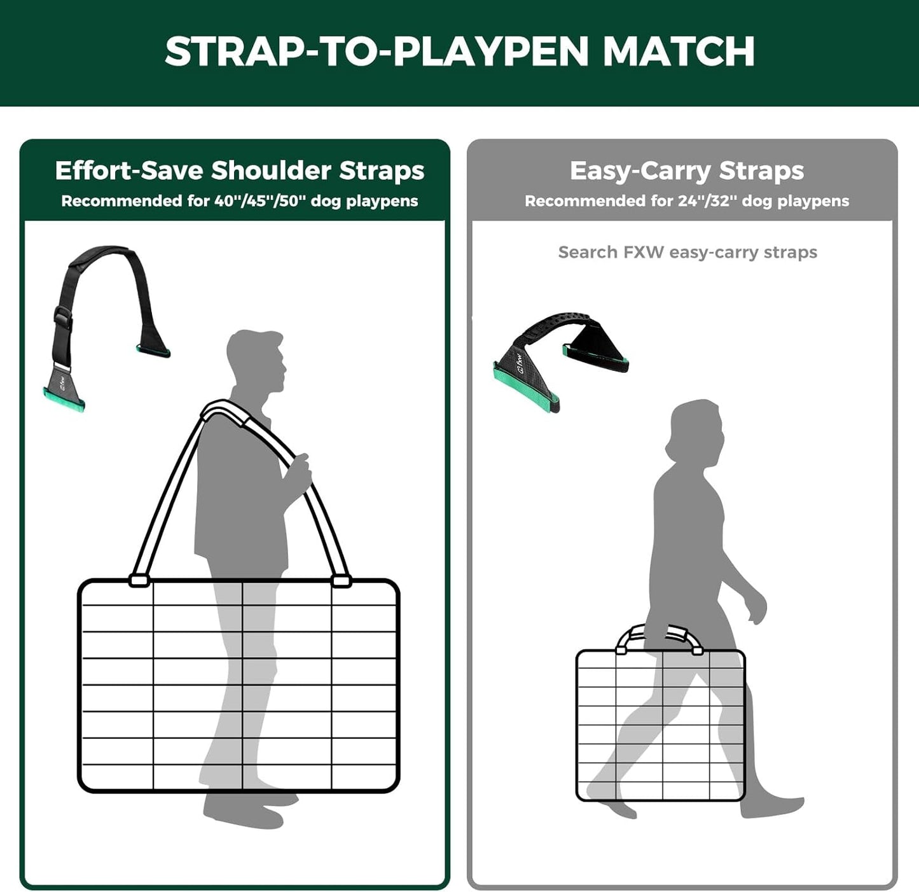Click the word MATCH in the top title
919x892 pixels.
point(678,52)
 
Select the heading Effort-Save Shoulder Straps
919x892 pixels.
point(239,171)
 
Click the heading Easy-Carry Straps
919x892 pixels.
point(687,171)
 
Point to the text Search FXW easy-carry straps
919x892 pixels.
point(688,253)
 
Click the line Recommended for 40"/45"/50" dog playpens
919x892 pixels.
point(239,201)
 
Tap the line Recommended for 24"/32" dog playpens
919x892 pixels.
point(687,201)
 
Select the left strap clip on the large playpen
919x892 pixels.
point(139,580)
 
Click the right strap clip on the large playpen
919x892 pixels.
point(341,580)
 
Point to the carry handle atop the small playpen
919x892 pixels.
point(660,635)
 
